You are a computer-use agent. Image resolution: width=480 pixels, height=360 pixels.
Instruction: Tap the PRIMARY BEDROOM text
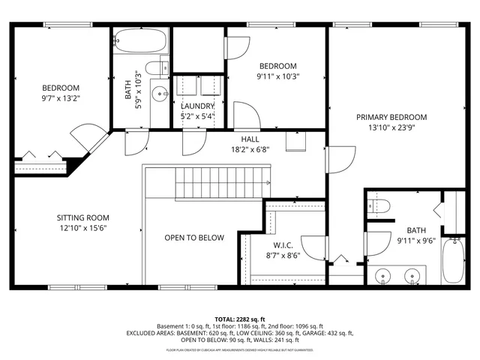391,117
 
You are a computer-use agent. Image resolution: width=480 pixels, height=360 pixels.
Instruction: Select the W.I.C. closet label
282,244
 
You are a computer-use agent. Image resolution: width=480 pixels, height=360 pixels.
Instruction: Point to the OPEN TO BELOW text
194,238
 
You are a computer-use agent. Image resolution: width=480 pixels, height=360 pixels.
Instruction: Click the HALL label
250,139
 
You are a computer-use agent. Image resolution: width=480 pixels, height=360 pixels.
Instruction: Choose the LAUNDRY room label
197,106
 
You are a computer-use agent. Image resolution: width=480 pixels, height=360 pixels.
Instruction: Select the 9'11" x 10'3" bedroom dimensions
277,76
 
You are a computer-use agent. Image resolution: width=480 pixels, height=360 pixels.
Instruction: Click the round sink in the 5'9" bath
159,94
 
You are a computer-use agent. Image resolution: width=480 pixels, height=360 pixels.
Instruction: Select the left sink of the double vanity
384,275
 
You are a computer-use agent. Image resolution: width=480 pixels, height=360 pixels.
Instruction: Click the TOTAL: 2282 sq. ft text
239,319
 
